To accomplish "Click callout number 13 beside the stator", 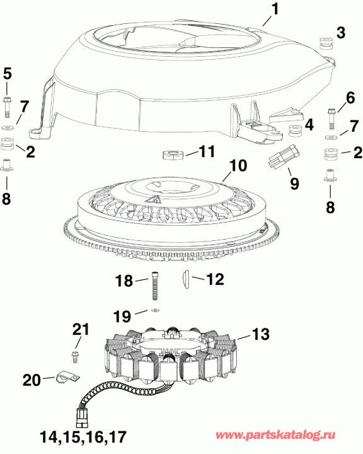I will point(260,333).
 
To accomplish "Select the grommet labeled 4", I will point(293,131).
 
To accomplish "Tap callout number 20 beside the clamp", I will point(31,380).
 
